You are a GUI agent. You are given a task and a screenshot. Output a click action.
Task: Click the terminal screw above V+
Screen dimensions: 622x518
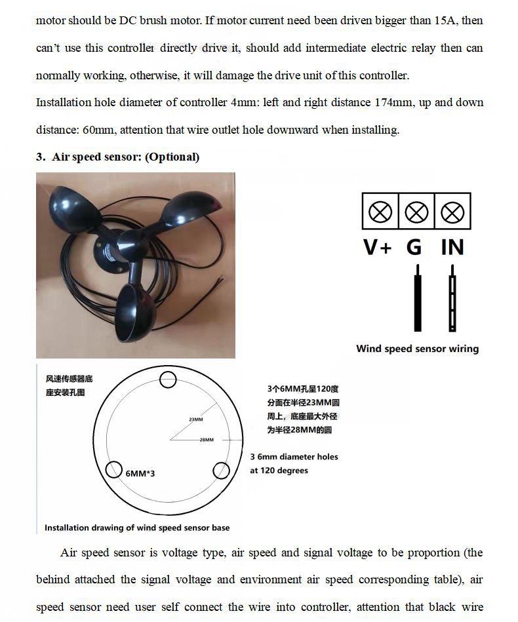(380, 212)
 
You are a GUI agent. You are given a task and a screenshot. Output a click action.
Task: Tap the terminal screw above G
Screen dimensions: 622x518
(416, 212)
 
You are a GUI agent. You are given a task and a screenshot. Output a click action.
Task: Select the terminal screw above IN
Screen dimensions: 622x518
(452, 212)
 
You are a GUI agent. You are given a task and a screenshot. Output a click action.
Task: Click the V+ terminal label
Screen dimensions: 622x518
(377, 247)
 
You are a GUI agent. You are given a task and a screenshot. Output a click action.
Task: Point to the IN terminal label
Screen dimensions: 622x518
(452, 247)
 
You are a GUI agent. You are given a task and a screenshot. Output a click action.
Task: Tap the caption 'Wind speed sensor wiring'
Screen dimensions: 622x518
(417, 349)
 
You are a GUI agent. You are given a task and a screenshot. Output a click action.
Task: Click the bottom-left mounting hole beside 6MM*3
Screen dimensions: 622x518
(114, 470)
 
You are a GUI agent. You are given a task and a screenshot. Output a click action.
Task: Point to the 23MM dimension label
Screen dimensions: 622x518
(195, 419)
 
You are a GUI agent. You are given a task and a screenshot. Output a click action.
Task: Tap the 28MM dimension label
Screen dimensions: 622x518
(207, 440)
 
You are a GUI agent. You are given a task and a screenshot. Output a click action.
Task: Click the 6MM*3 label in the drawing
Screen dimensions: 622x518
(140, 473)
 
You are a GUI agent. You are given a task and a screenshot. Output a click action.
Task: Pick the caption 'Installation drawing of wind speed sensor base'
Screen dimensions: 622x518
(137, 528)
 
